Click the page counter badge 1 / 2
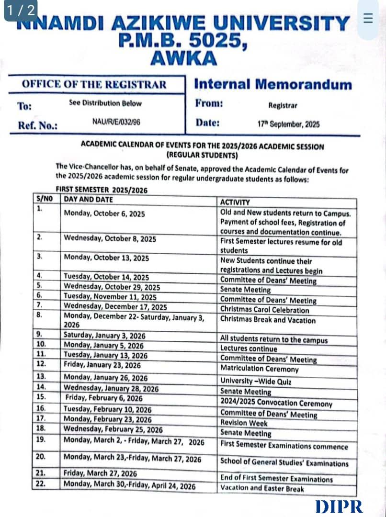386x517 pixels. point(21,10)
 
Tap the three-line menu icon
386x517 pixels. point(368,18)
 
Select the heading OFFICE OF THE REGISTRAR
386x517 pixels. point(94,85)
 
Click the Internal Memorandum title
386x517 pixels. point(272,84)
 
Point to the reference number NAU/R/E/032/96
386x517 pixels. point(116,122)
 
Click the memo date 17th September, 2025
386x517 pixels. point(288,124)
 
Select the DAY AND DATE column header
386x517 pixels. point(89,200)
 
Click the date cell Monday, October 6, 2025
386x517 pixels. point(104,214)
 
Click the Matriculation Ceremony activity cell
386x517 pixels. point(259,369)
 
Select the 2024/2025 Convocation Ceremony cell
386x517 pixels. point(276,403)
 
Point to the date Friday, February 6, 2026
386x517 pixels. point(104,398)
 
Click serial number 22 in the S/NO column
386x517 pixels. point(41,483)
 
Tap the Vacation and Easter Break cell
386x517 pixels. point(261,488)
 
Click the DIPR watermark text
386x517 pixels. point(339,506)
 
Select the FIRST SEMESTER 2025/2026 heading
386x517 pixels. point(102,190)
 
